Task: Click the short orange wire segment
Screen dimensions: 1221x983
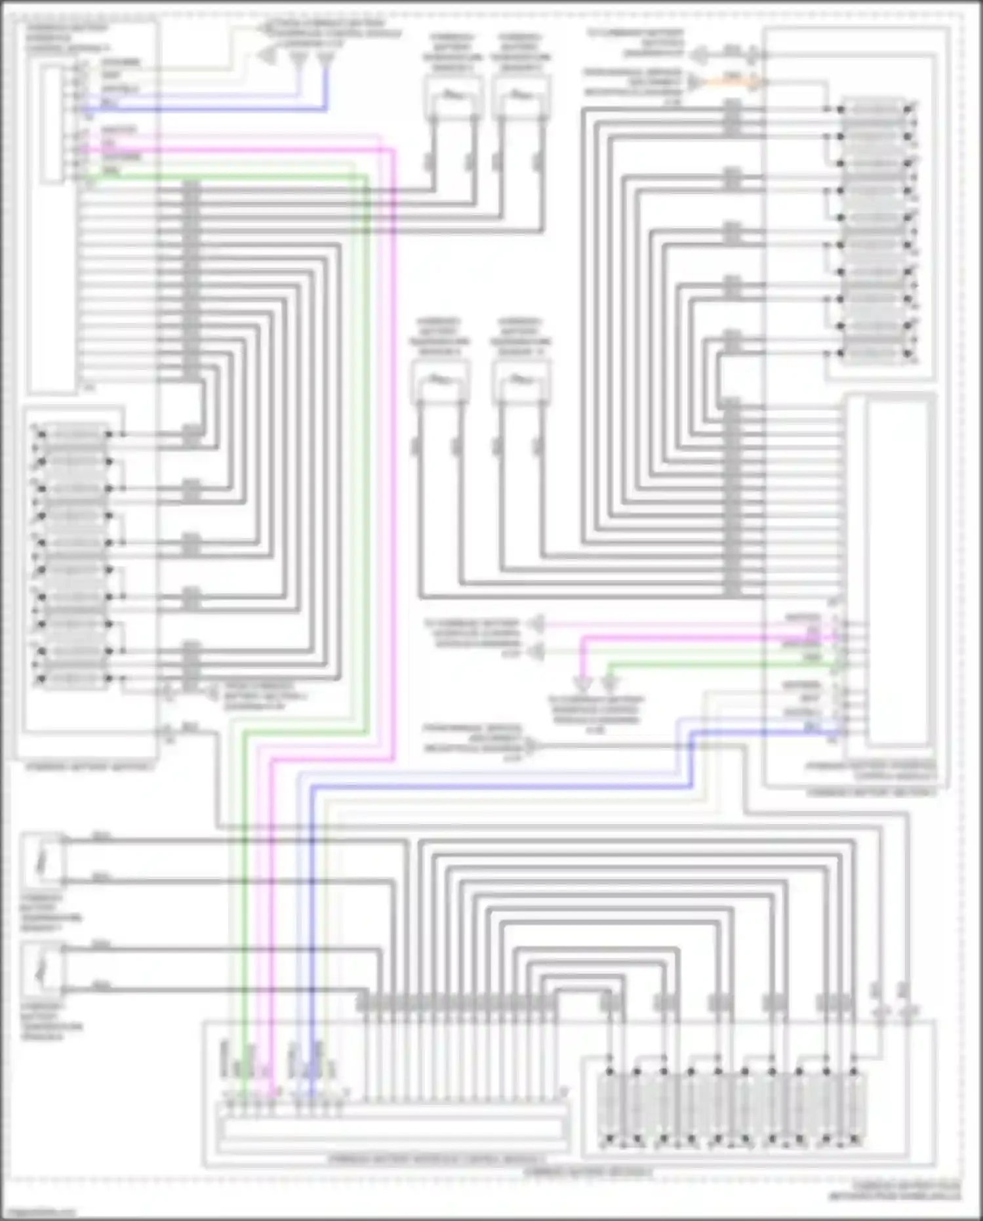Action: (x=731, y=81)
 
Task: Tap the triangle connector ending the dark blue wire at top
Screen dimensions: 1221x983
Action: (x=325, y=60)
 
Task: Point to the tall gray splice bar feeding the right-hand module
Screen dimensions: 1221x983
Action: (x=732, y=499)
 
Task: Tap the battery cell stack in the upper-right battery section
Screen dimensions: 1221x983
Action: (x=875, y=230)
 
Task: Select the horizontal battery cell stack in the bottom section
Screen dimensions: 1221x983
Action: (x=731, y=1107)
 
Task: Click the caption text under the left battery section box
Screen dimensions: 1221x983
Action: (x=90, y=766)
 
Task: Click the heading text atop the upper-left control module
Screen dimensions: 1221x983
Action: (x=68, y=39)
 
